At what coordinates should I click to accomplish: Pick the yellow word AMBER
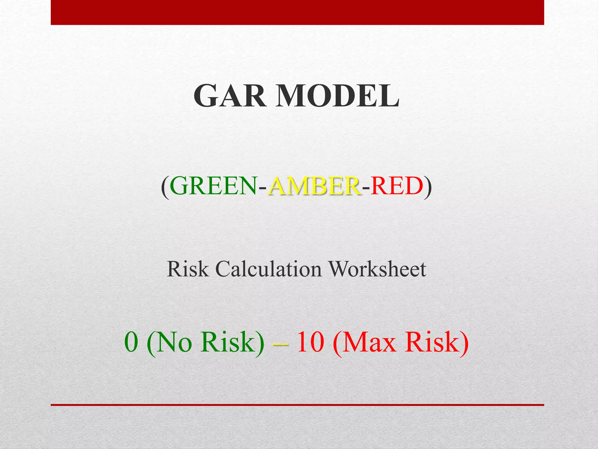point(314,186)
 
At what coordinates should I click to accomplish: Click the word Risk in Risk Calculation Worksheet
point(188,269)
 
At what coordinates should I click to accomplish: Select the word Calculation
point(268,269)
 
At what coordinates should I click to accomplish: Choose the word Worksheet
point(377,269)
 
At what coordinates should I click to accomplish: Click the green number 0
point(131,342)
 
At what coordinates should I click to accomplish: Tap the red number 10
point(310,342)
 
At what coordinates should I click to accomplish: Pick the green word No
point(174,342)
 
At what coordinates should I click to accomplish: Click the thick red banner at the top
point(297,12)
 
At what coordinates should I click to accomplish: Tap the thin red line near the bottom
point(297,405)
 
